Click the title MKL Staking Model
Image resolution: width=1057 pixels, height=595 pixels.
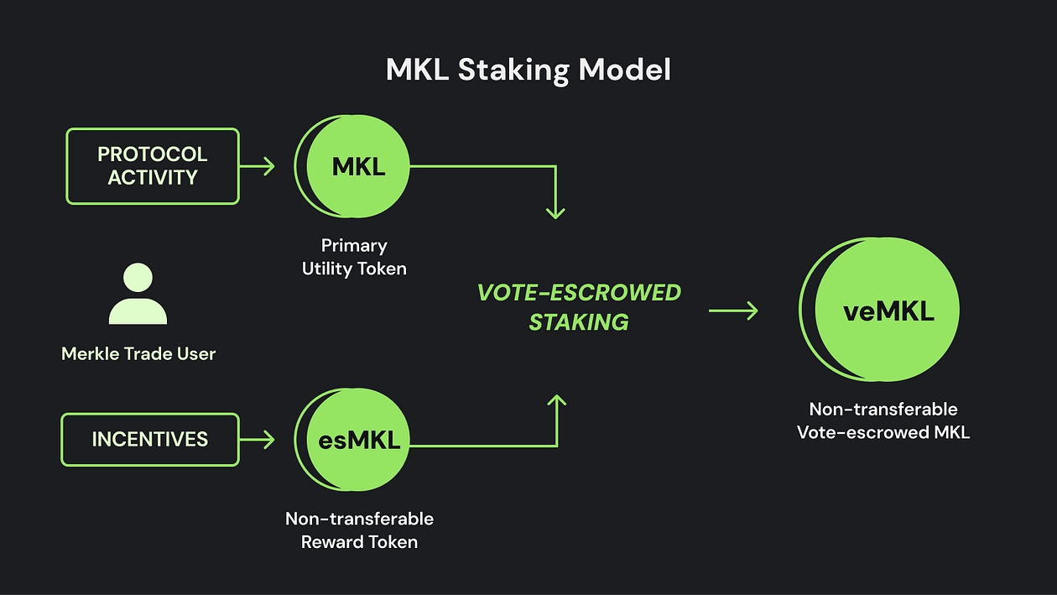tap(528, 70)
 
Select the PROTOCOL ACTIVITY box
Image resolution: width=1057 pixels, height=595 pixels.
tap(153, 166)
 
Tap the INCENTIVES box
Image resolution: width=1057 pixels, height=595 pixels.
tap(150, 439)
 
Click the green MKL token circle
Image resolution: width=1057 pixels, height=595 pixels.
tap(357, 166)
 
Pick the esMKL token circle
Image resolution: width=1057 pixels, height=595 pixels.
tap(359, 439)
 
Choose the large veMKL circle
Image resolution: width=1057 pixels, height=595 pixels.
tap(887, 311)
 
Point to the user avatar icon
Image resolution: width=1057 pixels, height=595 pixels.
tap(138, 295)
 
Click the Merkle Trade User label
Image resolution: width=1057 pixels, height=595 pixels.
tap(138, 353)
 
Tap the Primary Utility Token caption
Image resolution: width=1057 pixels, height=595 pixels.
tap(354, 257)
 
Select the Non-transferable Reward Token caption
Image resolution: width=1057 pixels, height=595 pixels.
tap(359, 530)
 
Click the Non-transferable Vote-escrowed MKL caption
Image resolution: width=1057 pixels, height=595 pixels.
tap(883, 420)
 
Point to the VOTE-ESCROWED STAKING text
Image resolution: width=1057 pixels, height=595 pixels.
tap(579, 306)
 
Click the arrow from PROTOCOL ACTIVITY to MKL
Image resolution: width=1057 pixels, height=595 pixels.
tap(258, 166)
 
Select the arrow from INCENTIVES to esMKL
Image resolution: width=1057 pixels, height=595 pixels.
tap(258, 439)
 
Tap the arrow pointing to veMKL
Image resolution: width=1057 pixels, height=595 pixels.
tap(733, 311)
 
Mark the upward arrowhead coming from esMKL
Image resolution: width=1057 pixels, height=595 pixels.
tap(555, 403)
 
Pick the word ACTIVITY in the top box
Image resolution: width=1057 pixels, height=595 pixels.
tap(153, 178)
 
